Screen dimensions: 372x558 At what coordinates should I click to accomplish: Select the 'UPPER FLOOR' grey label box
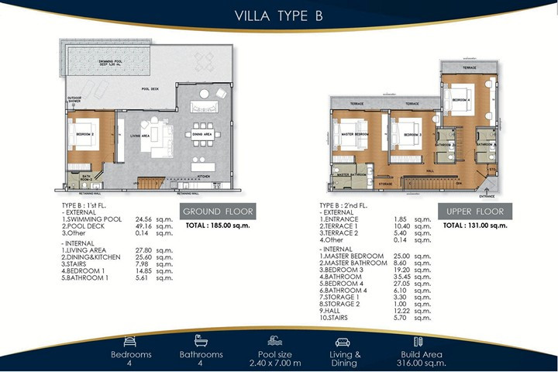click(475, 212)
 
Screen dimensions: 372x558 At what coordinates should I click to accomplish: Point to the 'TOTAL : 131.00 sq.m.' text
click(475, 226)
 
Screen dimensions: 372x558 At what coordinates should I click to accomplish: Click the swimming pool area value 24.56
click(146, 219)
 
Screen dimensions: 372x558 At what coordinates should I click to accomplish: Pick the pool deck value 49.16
click(146, 226)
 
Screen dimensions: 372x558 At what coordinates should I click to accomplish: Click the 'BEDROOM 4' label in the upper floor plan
click(462, 101)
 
